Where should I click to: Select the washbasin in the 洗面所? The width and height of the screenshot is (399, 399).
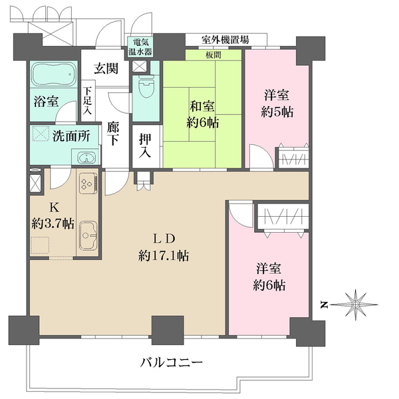tap(84, 158)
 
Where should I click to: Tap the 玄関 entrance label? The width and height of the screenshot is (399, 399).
tap(106, 67)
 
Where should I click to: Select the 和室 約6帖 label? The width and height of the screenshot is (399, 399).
tap(202, 114)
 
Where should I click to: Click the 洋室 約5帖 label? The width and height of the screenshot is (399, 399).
tap(275, 104)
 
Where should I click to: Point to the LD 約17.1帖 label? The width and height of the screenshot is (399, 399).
tap(163, 247)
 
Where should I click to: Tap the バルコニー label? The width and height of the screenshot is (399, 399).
tap(171, 364)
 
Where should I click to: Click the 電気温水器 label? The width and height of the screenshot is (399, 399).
tap(140, 47)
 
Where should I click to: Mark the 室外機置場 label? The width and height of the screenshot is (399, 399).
tap(226, 40)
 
